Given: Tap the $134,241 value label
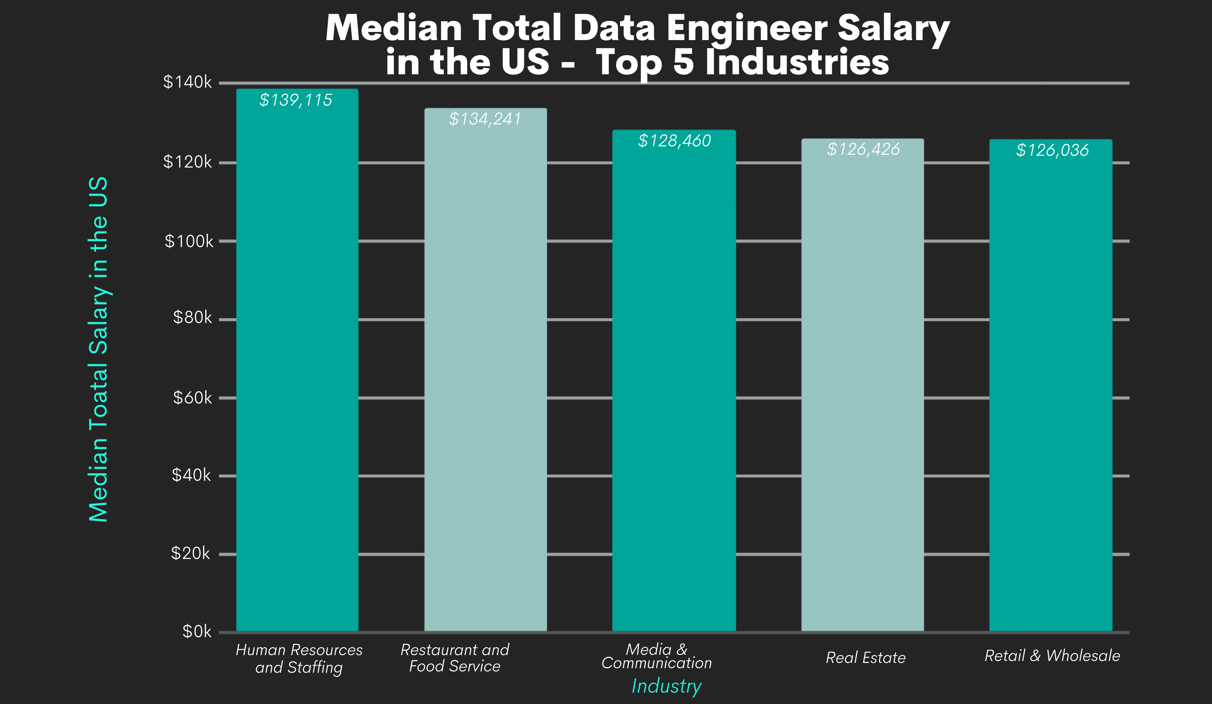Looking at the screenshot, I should (484, 119).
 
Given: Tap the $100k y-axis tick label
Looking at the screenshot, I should (189, 241).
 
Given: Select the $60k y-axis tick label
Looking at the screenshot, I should (192, 398).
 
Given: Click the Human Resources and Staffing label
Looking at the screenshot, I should (299, 658).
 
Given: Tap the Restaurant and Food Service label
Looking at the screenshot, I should (454, 658).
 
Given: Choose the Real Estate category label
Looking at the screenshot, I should (865, 658).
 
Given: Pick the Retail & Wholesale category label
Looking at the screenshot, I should (1052, 655).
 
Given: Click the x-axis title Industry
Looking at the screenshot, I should (666, 686).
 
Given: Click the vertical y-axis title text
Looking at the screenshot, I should (99, 349).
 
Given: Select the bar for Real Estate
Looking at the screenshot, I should (862, 385).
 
